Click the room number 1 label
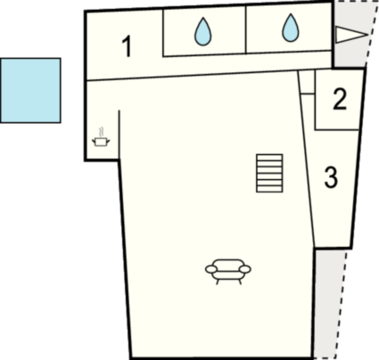tap(127, 46)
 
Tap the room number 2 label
tap(340, 100)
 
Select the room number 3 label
tap(331, 177)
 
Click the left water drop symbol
tap(203, 32)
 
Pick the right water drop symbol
tap(291, 28)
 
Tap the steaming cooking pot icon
tap(101, 137)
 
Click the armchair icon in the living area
tap(228, 272)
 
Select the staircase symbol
tap(269, 173)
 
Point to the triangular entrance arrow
tap(351, 35)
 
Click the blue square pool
tap(30, 90)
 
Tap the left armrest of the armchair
tap(211, 269)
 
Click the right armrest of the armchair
tap(245, 269)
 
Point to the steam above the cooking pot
tap(102, 132)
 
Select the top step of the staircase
tap(269, 158)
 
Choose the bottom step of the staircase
tap(269, 189)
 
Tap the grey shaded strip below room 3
tap(329, 303)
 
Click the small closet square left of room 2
tap(307, 82)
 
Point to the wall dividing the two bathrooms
tap(246, 30)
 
